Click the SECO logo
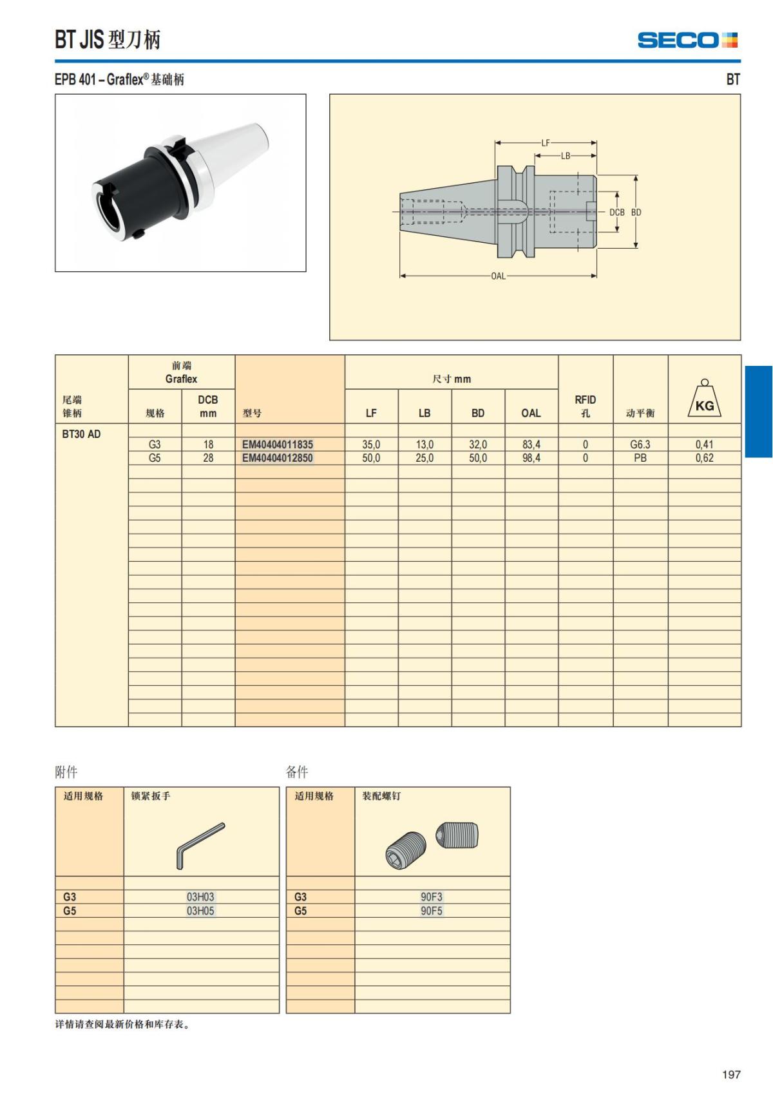pyautogui.click(x=687, y=40)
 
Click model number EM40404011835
pyautogui.click(x=278, y=444)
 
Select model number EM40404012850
pyautogui.click(x=278, y=458)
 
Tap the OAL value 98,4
pyautogui.click(x=531, y=458)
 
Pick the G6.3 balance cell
pyautogui.click(x=640, y=444)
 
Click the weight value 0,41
pyautogui.click(x=704, y=444)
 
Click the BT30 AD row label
pyautogui.click(x=81, y=434)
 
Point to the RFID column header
pyautogui.click(x=585, y=406)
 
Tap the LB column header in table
pyautogui.click(x=425, y=413)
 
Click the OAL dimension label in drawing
pyautogui.click(x=498, y=276)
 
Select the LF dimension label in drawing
pyautogui.click(x=546, y=143)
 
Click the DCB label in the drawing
pyautogui.click(x=616, y=212)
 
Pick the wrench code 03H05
pyautogui.click(x=200, y=911)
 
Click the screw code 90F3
pyautogui.click(x=432, y=897)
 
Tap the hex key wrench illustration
pyautogui.click(x=200, y=845)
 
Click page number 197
pyautogui.click(x=731, y=1074)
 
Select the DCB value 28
pyautogui.click(x=208, y=458)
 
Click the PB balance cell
pyautogui.click(x=640, y=458)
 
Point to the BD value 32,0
pyautogui.click(x=478, y=444)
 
